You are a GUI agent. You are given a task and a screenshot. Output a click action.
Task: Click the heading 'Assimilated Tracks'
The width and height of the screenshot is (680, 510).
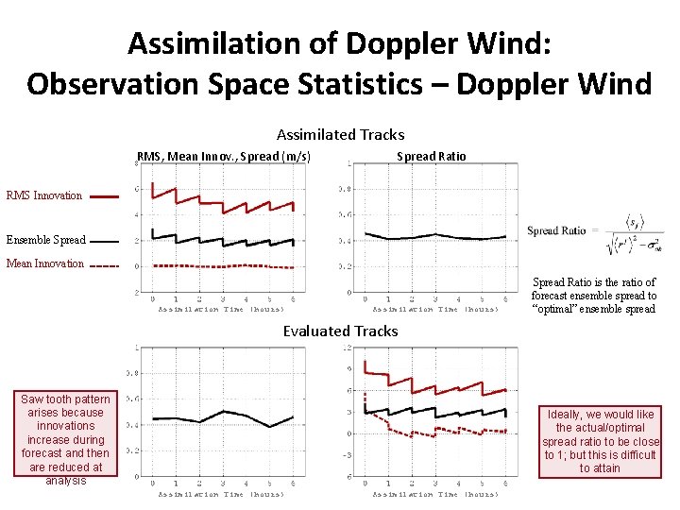pos(340,135)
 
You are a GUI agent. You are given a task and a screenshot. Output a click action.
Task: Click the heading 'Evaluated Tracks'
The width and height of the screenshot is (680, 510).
pos(340,331)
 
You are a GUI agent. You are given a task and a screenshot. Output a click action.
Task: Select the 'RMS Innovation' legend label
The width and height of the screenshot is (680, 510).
pos(44,196)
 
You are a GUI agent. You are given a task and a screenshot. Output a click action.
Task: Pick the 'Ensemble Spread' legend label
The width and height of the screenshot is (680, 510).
pos(45,240)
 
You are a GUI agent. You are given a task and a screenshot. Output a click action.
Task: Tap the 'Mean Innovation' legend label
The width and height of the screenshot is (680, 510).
pos(44,263)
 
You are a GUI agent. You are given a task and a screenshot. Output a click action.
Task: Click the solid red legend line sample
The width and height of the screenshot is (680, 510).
pos(104,196)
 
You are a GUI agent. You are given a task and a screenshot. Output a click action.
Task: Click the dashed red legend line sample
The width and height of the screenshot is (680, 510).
pos(104,266)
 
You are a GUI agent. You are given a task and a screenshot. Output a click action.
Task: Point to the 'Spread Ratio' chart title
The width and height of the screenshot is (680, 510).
pos(431,156)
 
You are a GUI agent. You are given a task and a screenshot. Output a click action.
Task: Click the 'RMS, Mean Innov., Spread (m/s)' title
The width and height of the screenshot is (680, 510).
pos(224,156)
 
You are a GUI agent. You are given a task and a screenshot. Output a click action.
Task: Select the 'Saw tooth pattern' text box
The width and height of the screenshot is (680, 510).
pos(65,439)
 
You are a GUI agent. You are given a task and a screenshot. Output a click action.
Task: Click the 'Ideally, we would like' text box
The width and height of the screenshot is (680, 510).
pos(600,441)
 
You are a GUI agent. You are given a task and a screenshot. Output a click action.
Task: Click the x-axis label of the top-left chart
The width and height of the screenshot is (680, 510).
pos(221,309)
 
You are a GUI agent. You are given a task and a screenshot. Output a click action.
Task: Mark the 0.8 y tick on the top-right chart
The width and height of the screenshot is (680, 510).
pos(347,189)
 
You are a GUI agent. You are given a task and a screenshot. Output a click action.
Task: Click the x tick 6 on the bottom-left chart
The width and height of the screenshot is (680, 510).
pos(293,483)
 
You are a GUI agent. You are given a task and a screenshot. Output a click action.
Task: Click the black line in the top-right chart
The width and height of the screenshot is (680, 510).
pos(434,235)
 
